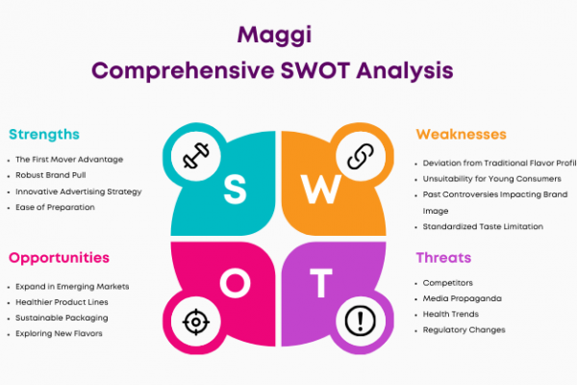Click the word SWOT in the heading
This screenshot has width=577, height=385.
coord(315,70)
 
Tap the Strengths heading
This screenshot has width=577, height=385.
coord(44,135)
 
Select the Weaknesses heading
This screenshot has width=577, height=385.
coord(461,135)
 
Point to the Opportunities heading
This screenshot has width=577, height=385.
coord(59,258)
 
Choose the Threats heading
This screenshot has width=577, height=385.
coord(443,258)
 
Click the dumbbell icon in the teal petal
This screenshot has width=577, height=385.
coord(196,156)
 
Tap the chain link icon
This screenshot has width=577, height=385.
coord(361,156)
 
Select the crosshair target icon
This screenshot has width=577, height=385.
coord(196,322)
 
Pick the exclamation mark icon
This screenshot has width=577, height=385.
coord(361,321)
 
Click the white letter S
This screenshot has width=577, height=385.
coord(235,189)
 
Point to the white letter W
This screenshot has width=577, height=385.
coord(321,189)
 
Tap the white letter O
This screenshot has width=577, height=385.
coord(236,283)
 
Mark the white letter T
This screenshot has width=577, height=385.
coord(321,283)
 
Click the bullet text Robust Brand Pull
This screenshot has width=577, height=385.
coord(51,175)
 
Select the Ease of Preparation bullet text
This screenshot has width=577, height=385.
coord(55,208)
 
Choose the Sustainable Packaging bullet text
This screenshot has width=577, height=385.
coord(62,318)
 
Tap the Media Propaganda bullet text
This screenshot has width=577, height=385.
coord(463,298)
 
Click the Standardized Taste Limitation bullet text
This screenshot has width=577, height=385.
coord(483,226)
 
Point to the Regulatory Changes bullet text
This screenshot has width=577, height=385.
coord(464,330)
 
